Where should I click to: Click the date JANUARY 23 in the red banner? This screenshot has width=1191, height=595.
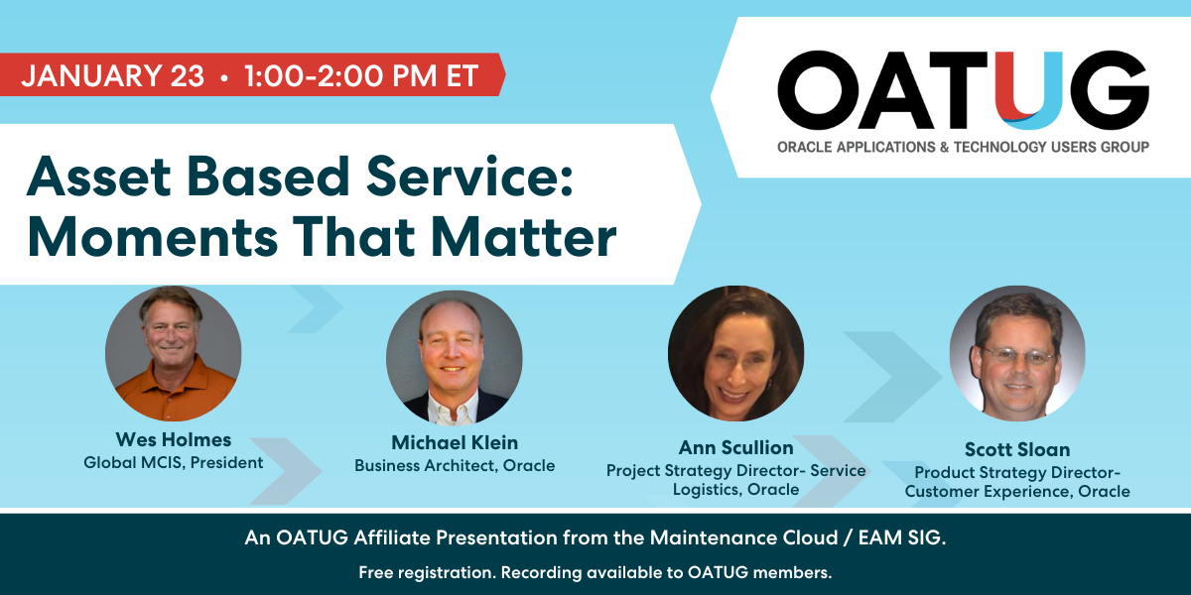pos(112,75)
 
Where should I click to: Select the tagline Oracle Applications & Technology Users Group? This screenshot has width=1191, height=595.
pos(963,147)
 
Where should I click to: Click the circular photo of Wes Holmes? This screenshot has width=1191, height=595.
pos(174,354)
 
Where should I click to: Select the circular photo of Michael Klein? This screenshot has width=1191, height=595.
pos(455,358)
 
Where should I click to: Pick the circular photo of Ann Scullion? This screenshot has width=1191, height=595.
pos(735,354)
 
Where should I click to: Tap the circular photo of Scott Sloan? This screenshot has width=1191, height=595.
pos(1017,354)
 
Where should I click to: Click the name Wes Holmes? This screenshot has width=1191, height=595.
pos(174,439)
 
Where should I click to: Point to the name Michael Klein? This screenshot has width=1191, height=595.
pos(455,442)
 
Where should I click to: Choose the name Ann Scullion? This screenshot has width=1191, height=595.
pos(735,448)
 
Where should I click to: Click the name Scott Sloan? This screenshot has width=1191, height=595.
pos(1017,450)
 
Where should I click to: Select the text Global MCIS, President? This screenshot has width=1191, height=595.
pos(174,462)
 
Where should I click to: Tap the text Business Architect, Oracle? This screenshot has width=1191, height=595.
pos(455,465)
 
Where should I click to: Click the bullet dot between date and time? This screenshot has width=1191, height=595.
pos(226,76)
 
